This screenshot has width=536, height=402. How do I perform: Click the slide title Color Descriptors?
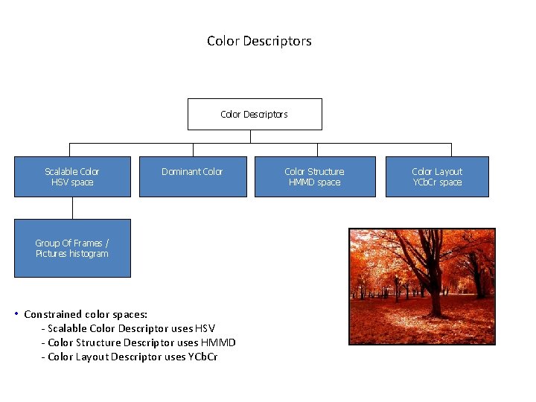click(x=259, y=41)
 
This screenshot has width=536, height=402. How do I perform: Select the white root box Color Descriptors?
click(x=255, y=114)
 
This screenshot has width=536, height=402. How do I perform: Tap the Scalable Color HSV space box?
click(x=72, y=176)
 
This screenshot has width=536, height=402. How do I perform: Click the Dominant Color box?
click(x=192, y=176)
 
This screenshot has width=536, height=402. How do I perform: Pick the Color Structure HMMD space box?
click(x=315, y=176)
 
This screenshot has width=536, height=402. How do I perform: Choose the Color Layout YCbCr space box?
click(x=437, y=176)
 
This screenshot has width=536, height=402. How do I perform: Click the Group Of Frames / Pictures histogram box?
click(x=72, y=248)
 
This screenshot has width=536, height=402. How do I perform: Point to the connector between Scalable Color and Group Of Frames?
click(x=72, y=208)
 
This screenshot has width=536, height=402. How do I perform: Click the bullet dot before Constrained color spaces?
click(x=16, y=313)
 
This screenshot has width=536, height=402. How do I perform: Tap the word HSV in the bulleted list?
click(x=204, y=328)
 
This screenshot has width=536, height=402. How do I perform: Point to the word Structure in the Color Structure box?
click(x=326, y=172)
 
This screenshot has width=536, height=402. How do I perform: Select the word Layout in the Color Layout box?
click(x=448, y=172)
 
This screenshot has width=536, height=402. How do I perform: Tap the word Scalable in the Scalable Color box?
click(x=62, y=172)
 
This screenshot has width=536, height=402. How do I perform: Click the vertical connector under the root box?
click(x=251, y=136)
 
